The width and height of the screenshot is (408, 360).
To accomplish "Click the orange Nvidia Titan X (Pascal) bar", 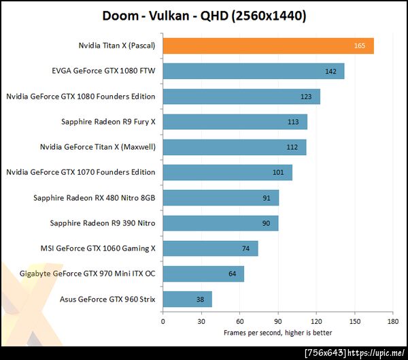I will [268, 46].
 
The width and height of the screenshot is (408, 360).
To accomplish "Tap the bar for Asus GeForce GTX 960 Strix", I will [187, 299].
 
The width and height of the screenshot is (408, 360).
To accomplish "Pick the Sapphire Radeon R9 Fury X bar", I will [235, 122].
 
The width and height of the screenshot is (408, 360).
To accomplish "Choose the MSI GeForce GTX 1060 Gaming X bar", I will [210, 248].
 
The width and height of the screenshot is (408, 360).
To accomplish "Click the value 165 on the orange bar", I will [360, 46].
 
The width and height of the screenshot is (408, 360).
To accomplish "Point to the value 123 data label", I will [306, 97].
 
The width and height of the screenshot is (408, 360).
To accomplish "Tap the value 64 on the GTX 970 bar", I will [233, 274].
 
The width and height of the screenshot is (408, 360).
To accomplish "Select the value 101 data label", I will [278, 173].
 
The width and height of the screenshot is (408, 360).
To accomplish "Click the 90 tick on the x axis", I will [277, 321].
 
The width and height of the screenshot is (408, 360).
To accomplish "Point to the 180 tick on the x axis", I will [392, 321].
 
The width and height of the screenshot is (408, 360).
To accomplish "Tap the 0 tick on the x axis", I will [163, 321].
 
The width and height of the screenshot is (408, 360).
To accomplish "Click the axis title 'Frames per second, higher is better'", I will [277, 332].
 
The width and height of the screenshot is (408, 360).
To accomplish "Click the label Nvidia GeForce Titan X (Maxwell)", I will [97, 147].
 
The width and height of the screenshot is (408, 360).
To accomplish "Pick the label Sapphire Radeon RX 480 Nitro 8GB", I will [94, 198].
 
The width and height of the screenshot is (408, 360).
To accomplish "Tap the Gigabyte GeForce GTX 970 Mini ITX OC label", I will [78, 274].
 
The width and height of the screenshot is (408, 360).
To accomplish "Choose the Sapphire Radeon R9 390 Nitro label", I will [103, 223].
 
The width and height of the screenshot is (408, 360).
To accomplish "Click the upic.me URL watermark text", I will [377, 353].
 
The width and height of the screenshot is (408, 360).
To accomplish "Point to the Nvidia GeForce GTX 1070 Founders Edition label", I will [80, 173].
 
